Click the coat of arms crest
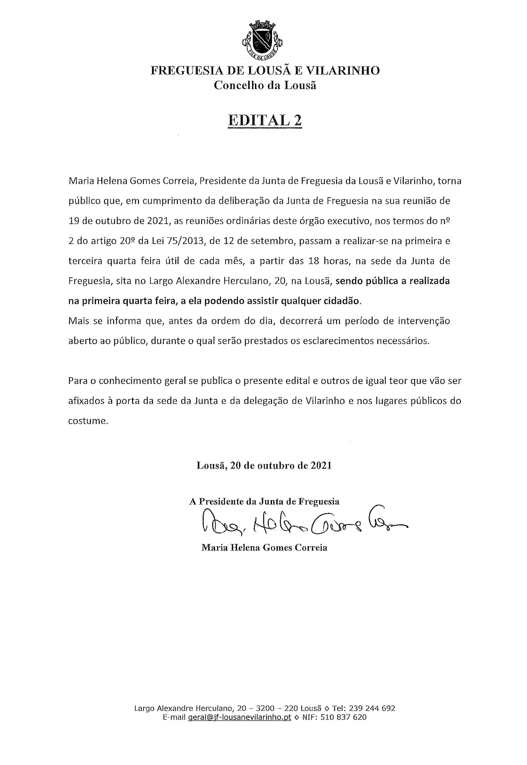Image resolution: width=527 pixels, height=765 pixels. coord(263,39)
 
